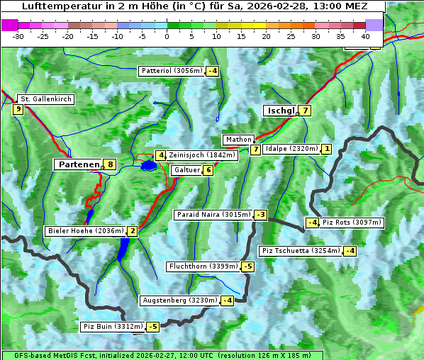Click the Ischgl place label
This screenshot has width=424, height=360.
[x=281, y=111]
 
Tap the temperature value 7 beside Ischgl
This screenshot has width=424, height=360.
[x=305, y=111]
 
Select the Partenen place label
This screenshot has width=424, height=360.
[x=78, y=164]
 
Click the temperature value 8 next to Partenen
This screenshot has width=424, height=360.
[x=110, y=164]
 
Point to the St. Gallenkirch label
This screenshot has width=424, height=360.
[x=45, y=99]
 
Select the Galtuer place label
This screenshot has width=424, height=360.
[x=187, y=170]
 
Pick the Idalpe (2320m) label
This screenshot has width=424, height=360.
[x=291, y=149]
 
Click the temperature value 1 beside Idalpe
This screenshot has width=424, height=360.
[x=325, y=149]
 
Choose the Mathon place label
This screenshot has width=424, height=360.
[x=238, y=140]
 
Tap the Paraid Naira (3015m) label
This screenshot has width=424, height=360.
[x=213, y=215]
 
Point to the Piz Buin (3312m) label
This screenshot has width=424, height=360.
[x=113, y=327]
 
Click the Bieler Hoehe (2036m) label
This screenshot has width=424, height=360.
[x=85, y=231]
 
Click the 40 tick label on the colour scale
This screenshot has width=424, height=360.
[x=365, y=36]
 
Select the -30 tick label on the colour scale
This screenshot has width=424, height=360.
[x=18, y=36]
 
